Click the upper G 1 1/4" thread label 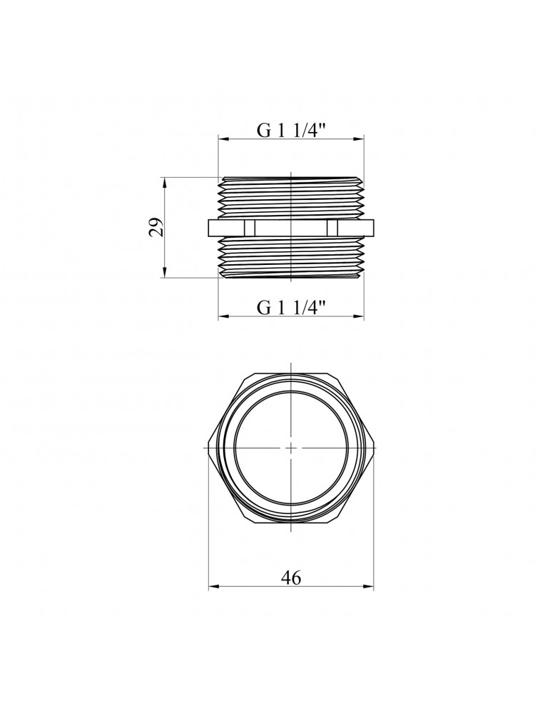pyautogui.click(x=292, y=131)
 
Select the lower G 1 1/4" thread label pyautogui.click(x=292, y=307)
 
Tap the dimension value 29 pyautogui.click(x=156, y=227)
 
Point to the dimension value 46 pyautogui.click(x=291, y=578)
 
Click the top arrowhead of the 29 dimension pyautogui.click(x=165, y=182)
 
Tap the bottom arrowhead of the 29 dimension pyautogui.click(x=165, y=272)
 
